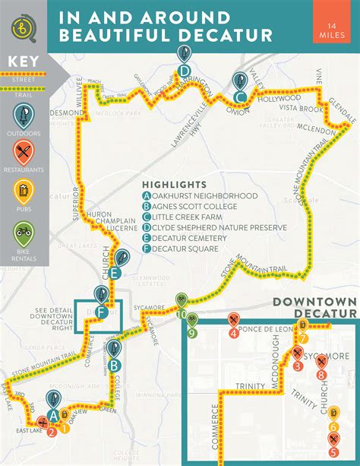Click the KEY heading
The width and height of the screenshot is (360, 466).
[22, 62]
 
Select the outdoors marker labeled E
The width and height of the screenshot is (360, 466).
[119, 258]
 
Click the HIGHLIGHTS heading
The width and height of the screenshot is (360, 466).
[174, 185]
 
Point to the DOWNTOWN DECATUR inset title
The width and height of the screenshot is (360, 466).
[313, 309]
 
